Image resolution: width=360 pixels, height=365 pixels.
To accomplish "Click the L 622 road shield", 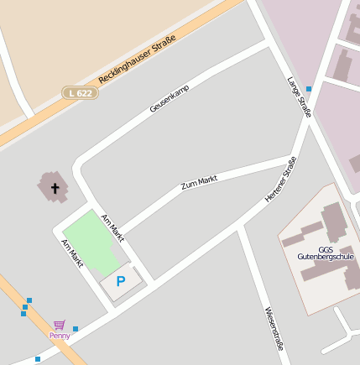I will pyautogui.click(x=81, y=92).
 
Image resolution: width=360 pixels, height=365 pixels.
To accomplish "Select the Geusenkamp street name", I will pyautogui.click(x=170, y=99).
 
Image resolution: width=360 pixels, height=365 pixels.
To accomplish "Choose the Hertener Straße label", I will pyautogui.click(x=281, y=180).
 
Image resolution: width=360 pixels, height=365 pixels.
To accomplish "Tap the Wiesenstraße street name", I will pyautogui.click(x=274, y=327).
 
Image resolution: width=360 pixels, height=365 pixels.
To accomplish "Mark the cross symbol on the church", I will pyautogui.click(x=56, y=188).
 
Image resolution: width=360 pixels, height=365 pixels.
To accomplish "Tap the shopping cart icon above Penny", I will pyautogui.click(x=59, y=325).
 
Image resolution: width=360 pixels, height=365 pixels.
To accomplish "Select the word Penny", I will pyautogui.click(x=60, y=335).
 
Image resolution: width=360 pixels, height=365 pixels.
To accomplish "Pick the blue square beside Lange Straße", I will pyautogui.click(x=309, y=88).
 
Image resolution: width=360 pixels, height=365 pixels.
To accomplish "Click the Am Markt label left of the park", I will pyautogui.click(x=72, y=253).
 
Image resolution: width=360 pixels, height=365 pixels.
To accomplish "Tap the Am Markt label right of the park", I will pyautogui.click(x=112, y=228).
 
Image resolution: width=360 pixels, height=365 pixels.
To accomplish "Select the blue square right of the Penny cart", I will pyautogui.click(x=76, y=329).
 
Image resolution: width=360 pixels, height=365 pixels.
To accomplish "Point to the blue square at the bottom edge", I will pyautogui.click(x=38, y=359).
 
